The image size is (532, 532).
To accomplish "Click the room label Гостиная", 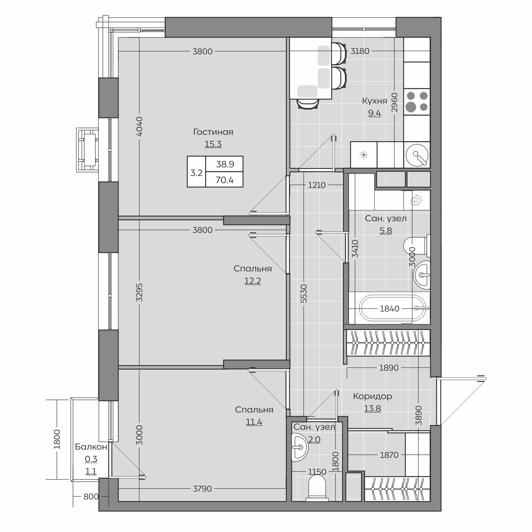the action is [x=213, y=132].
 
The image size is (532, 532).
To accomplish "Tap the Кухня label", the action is [x=374, y=101].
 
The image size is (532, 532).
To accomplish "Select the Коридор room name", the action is [x=373, y=396].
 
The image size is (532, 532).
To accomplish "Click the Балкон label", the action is [x=91, y=447].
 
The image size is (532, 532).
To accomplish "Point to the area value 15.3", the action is [x=213, y=144].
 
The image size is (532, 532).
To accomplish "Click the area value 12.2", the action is [x=253, y=281].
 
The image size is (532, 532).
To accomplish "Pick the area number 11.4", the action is [x=254, y=422].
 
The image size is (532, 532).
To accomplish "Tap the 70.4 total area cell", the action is [x=225, y=180].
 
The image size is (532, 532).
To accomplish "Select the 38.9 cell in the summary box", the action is [x=225, y=164].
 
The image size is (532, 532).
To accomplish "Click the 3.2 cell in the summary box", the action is [x=196, y=173].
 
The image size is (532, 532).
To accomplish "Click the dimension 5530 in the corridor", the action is [x=304, y=294].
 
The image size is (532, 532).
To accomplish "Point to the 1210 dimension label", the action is [x=317, y=185].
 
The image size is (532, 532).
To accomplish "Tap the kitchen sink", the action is [x=417, y=155].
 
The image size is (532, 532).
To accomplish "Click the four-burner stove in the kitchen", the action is [x=417, y=101].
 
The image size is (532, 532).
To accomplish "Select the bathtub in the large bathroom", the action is [x=394, y=308].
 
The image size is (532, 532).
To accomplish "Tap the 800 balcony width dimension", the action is [x=91, y=496].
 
